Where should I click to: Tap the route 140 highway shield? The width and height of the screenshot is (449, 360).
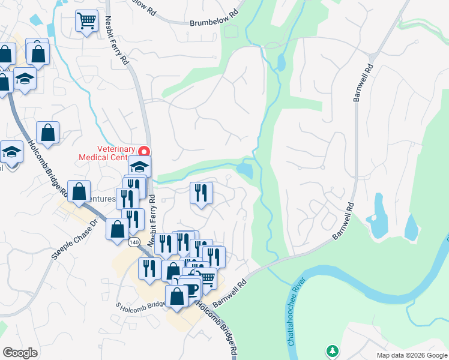(x=133, y=241)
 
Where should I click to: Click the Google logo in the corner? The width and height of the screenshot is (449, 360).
(x=20, y=352)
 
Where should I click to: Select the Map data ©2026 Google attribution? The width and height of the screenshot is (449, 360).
(x=411, y=355)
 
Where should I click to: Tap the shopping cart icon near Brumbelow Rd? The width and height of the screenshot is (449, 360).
(x=86, y=21)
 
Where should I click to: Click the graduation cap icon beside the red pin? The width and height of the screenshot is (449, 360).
(x=139, y=167)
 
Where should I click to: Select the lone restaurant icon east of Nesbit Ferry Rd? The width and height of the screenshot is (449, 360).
(x=201, y=193)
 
